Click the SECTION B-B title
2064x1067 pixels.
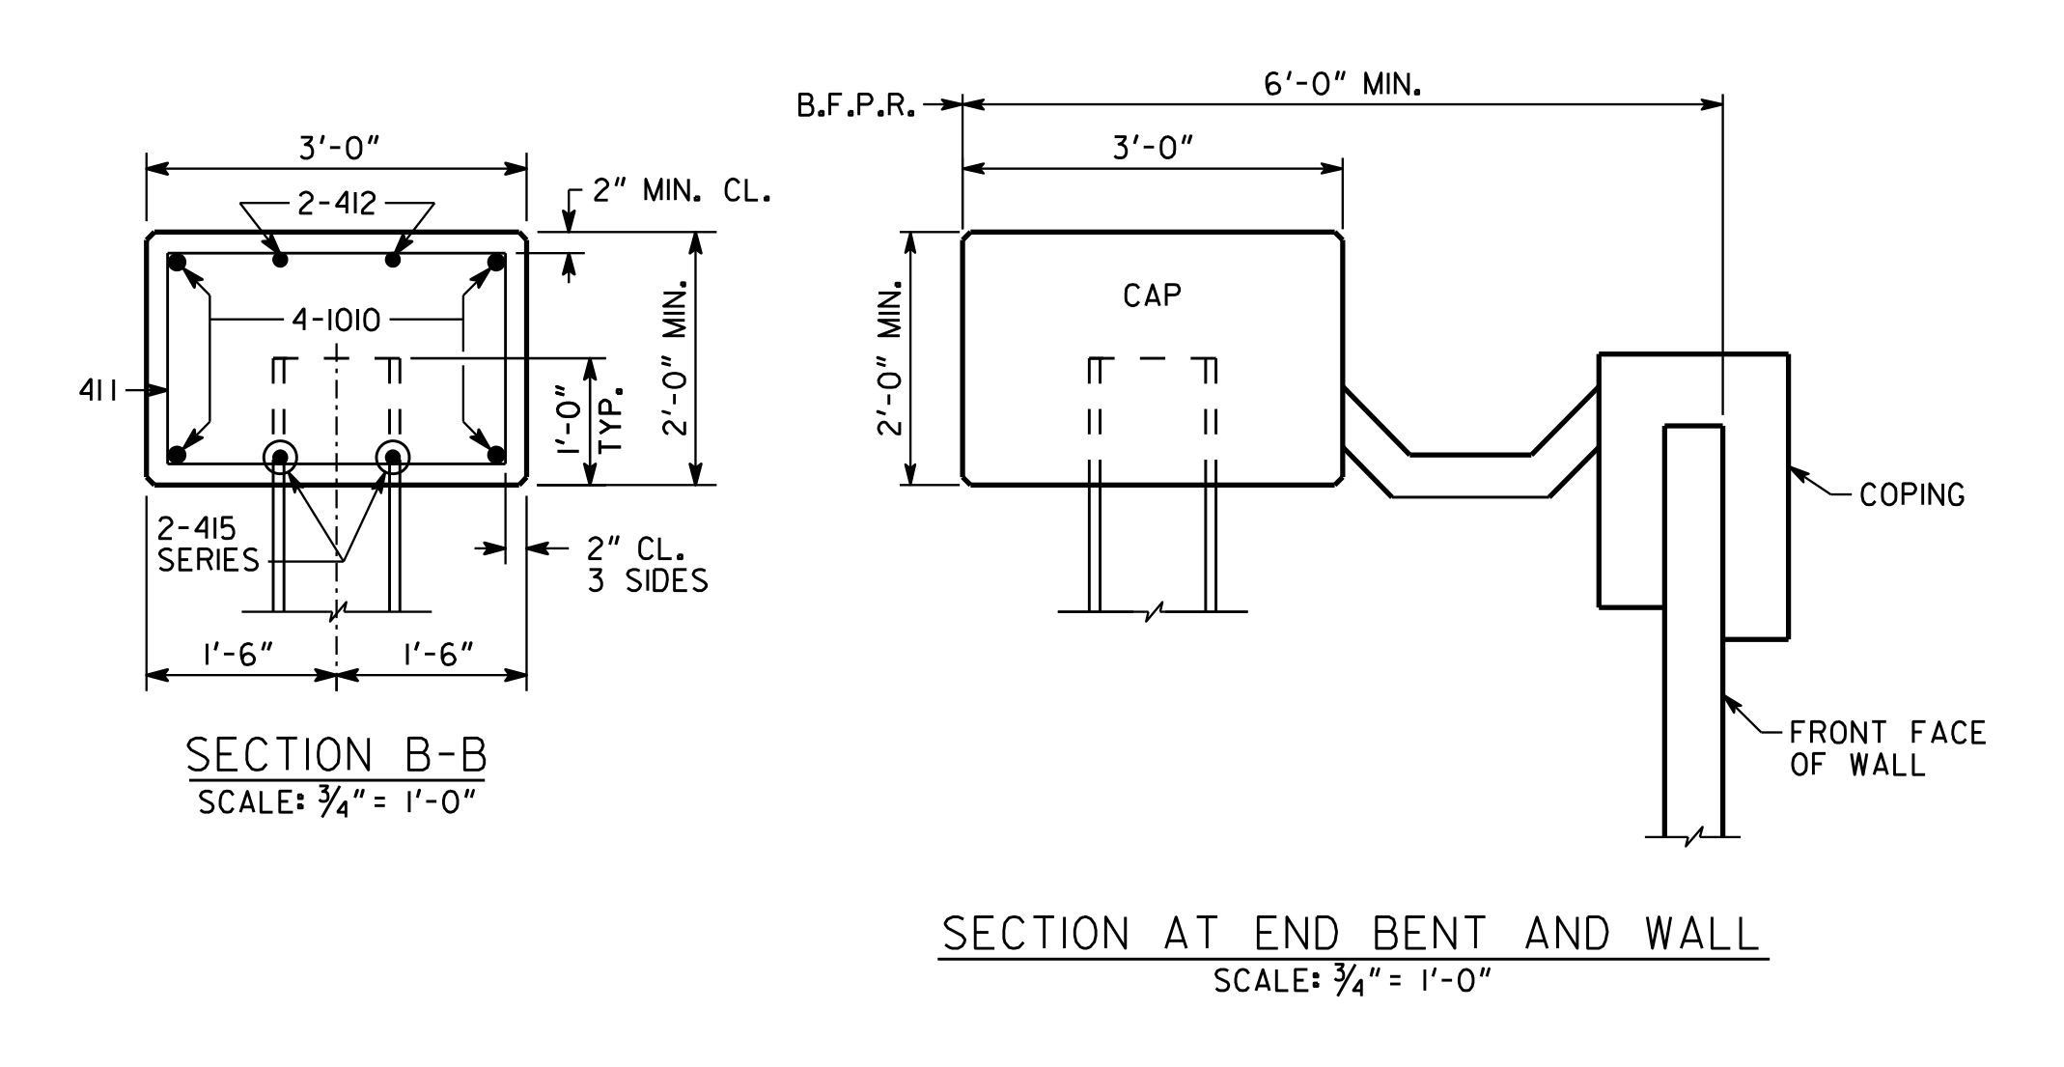337,755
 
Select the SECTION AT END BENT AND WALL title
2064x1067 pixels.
1352,934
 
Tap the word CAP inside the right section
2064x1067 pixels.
1152,295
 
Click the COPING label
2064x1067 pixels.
1911,495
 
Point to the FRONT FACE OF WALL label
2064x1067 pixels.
1887,749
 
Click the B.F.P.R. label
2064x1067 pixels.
855,106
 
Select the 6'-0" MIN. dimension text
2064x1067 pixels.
1343,86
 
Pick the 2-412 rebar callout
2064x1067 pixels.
337,204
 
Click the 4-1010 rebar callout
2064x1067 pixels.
336,320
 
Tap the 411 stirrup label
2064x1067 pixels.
98,391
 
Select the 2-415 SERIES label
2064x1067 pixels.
209,545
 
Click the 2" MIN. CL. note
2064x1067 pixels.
682,191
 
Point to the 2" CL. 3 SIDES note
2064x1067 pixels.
647,564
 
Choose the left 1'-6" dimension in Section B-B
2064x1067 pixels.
238,655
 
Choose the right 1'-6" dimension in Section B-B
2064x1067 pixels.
439,655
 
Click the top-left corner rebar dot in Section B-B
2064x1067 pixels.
177,262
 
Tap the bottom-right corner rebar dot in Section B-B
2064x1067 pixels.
496,455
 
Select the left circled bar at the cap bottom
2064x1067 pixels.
280,458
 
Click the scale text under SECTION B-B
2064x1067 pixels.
337,802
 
